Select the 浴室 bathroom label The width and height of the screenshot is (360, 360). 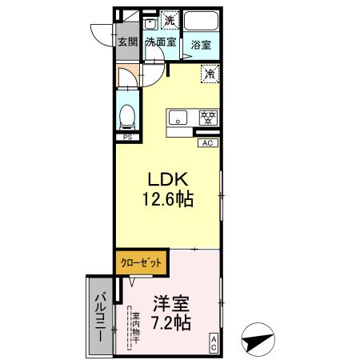point(202,46)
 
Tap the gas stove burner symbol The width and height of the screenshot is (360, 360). point(208,118)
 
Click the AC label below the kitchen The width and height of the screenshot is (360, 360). point(206,143)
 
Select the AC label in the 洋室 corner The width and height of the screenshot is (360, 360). point(215,345)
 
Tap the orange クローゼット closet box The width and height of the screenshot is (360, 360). point(141,261)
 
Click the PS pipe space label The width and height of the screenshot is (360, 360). point(126,138)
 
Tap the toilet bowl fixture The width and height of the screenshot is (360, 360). point(126,117)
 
